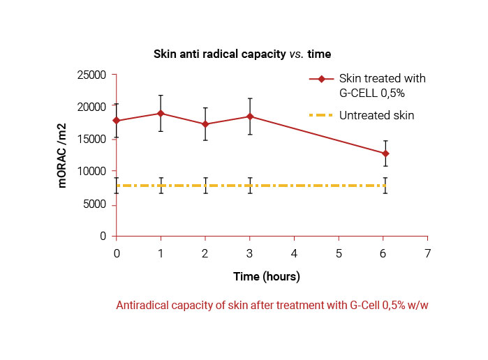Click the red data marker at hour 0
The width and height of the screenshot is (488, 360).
pyautogui.click(x=117, y=121)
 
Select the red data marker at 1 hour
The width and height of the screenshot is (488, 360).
pyautogui.click(x=161, y=113)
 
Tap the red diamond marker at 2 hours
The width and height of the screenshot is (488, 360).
pyautogui.click(x=205, y=124)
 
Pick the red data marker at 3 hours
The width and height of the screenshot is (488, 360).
pyautogui.click(x=250, y=117)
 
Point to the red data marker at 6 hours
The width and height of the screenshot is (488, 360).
pyautogui.click(x=385, y=153)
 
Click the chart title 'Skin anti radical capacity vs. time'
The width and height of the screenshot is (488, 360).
pyautogui.click(x=242, y=54)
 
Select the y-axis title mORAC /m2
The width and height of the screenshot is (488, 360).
pyautogui.click(x=62, y=156)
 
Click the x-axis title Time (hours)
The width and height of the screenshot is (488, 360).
pyautogui.click(x=267, y=277)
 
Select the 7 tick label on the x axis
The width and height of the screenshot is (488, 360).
pyautogui.click(x=428, y=251)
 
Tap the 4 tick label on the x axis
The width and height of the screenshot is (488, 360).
pyautogui.click(x=294, y=251)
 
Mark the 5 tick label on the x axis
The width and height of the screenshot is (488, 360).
pyautogui.click(x=339, y=251)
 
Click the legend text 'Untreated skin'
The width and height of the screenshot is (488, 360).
pyautogui.click(x=377, y=115)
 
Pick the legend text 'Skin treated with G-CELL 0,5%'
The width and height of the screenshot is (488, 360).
pyautogui.click(x=382, y=85)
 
